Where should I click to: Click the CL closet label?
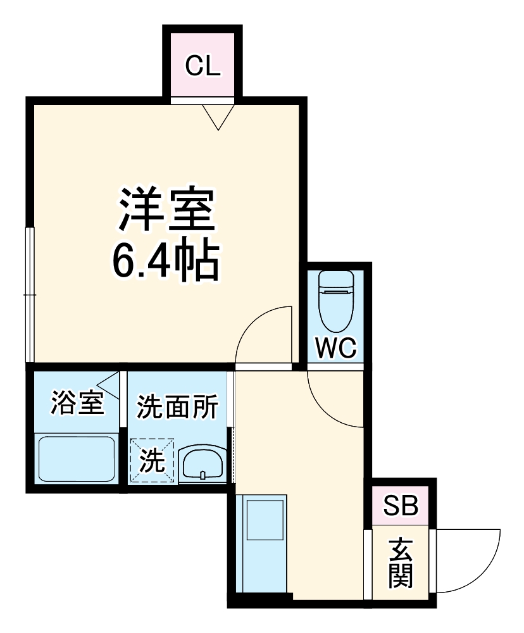203,66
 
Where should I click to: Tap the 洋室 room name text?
166,210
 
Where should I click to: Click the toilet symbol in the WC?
336,298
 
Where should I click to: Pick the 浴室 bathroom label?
77,404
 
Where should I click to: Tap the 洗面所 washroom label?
178,406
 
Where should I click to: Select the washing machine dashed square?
152,461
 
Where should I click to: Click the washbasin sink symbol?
203,464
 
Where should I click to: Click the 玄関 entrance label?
401,563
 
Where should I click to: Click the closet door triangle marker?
218,116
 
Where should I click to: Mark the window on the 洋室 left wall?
28,294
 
